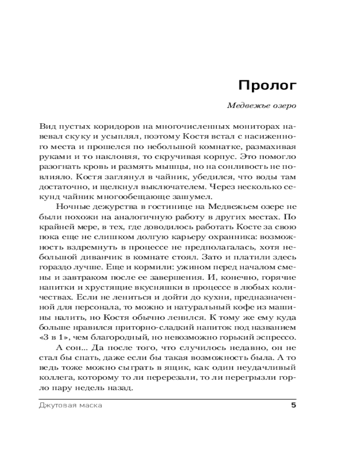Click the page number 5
click(x=293, y=405)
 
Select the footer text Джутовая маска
click(x=68, y=405)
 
